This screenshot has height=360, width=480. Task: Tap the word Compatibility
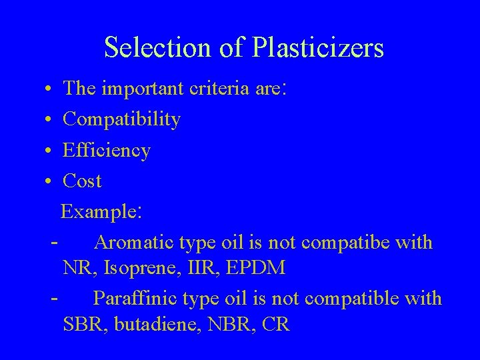coord(121,120)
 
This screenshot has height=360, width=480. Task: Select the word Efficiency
coord(107,151)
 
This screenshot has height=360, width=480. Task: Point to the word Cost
coord(82,181)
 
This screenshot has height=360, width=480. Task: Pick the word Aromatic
coord(135,242)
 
